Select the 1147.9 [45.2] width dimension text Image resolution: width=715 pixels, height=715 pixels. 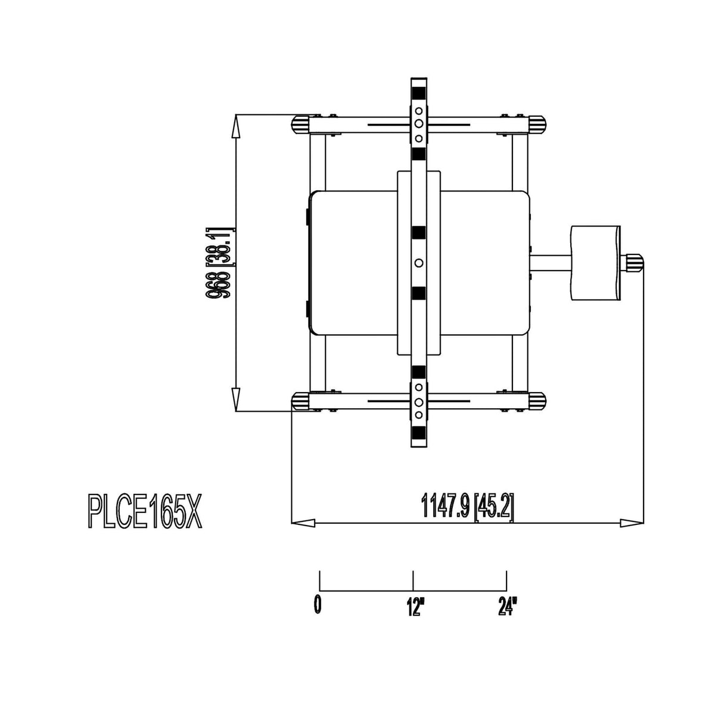pyautogui.click(x=468, y=506)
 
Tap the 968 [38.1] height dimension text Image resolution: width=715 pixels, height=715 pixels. pyautogui.click(x=220, y=263)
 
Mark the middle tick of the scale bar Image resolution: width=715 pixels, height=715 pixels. pyautogui.click(x=413, y=581)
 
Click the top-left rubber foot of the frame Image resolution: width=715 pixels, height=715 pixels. pyautogui.click(x=301, y=125)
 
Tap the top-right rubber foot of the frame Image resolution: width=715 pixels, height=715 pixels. pyautogui.click(x=537, y=125)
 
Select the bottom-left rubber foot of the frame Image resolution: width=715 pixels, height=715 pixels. pyautogui.click(x=301, y=401)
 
